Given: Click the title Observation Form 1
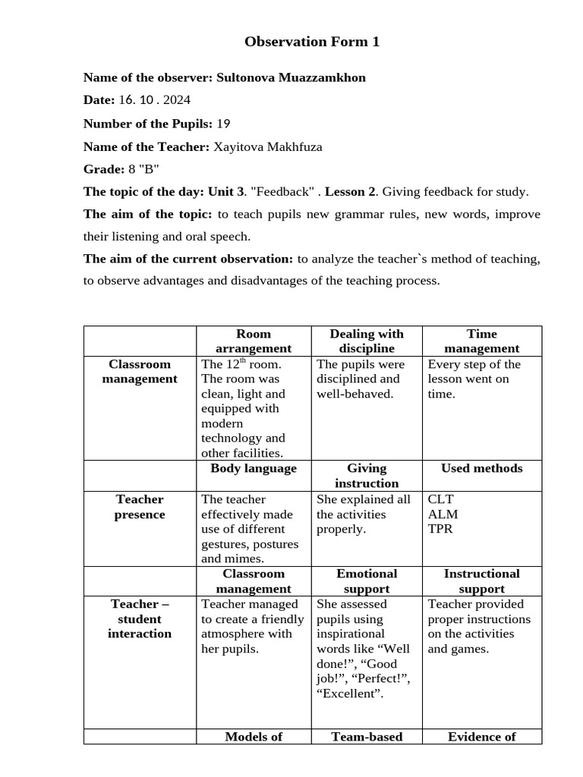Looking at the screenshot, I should click(x=312, y=42).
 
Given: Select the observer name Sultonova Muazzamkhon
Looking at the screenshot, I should click(x=290, y=77).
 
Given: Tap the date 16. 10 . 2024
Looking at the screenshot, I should click(x=154, y=100).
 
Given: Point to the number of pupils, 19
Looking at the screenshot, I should click(x=223, y=124).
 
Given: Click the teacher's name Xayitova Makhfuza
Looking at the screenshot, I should click(x=267, y=146).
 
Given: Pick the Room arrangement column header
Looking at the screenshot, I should click(x=254, y=341).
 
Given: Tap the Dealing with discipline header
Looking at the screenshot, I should click(x=367, y=341).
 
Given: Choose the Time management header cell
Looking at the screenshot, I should click(x=482, y=341).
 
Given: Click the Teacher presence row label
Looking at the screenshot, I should click(x=140, y=507).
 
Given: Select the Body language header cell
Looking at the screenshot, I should click(x=254, y=469).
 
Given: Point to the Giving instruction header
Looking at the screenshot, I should click(x=367, y=476).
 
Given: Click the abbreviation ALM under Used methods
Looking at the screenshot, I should click(x=443, y=514).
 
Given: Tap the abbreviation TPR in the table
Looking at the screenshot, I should click(x=440, y=529).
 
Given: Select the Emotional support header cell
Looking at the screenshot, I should click(x=367, y=581).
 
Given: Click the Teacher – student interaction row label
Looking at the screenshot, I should click(x=140, y=618).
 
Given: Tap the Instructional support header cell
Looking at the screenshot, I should click(x=482, y=581).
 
